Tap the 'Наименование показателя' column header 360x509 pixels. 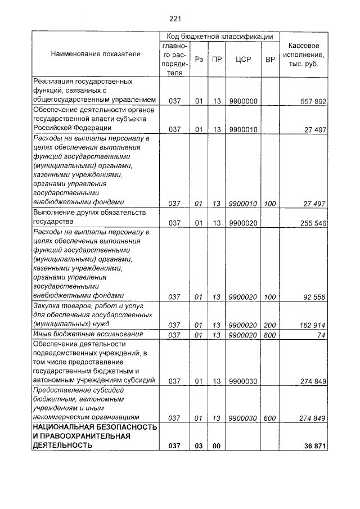pyautogui.click(x=96, y=54)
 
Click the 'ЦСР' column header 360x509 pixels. pyautogui.click(x=243, y=58)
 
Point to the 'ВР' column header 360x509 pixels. pyautogui.click(x=270, y=58)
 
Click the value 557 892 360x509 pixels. pyautogui.click(x=313, y=101)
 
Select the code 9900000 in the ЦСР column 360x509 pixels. pyautogui.click(x=243, y=101)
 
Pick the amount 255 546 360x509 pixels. pyautogui.click(x=313, y=223)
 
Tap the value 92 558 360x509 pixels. pyautogui.click(x=315, y=296)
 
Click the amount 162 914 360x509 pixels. pyautogui.click(x=313, y=325)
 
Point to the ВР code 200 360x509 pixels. pyautogui.click(x=270, y=325)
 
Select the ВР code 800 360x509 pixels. pyautogui.click(x=270, y=335)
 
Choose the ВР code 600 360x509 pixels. pyautogui.click(x=270, y=418)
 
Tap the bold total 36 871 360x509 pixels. pyautogui.click(x=315, y=446)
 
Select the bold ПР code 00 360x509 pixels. pyautogui.click(x=216, y=446)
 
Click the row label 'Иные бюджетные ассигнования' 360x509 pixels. pyautogui.click(x=79, y=334)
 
